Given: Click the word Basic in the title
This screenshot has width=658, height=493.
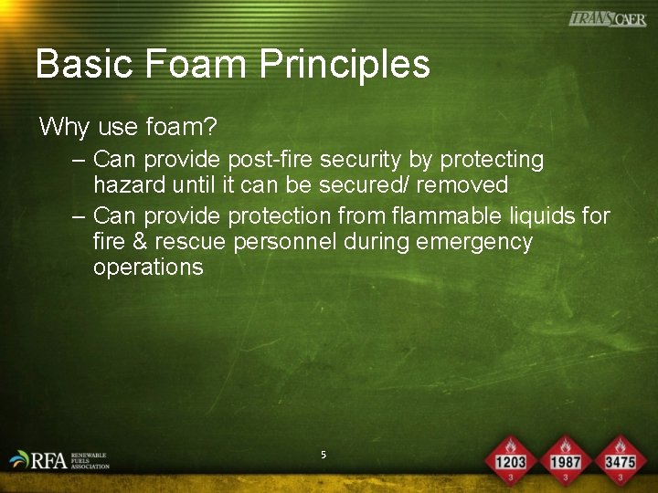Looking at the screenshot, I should point(83,64).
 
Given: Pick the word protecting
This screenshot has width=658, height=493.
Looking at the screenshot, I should point(492,160).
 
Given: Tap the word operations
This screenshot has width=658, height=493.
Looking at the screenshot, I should point(148,267).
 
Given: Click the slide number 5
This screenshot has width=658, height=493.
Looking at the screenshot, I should point(324,454).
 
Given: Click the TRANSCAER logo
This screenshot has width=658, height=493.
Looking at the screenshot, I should point(607,19).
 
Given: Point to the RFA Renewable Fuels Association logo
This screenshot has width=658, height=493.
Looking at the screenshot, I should point(58,459).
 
